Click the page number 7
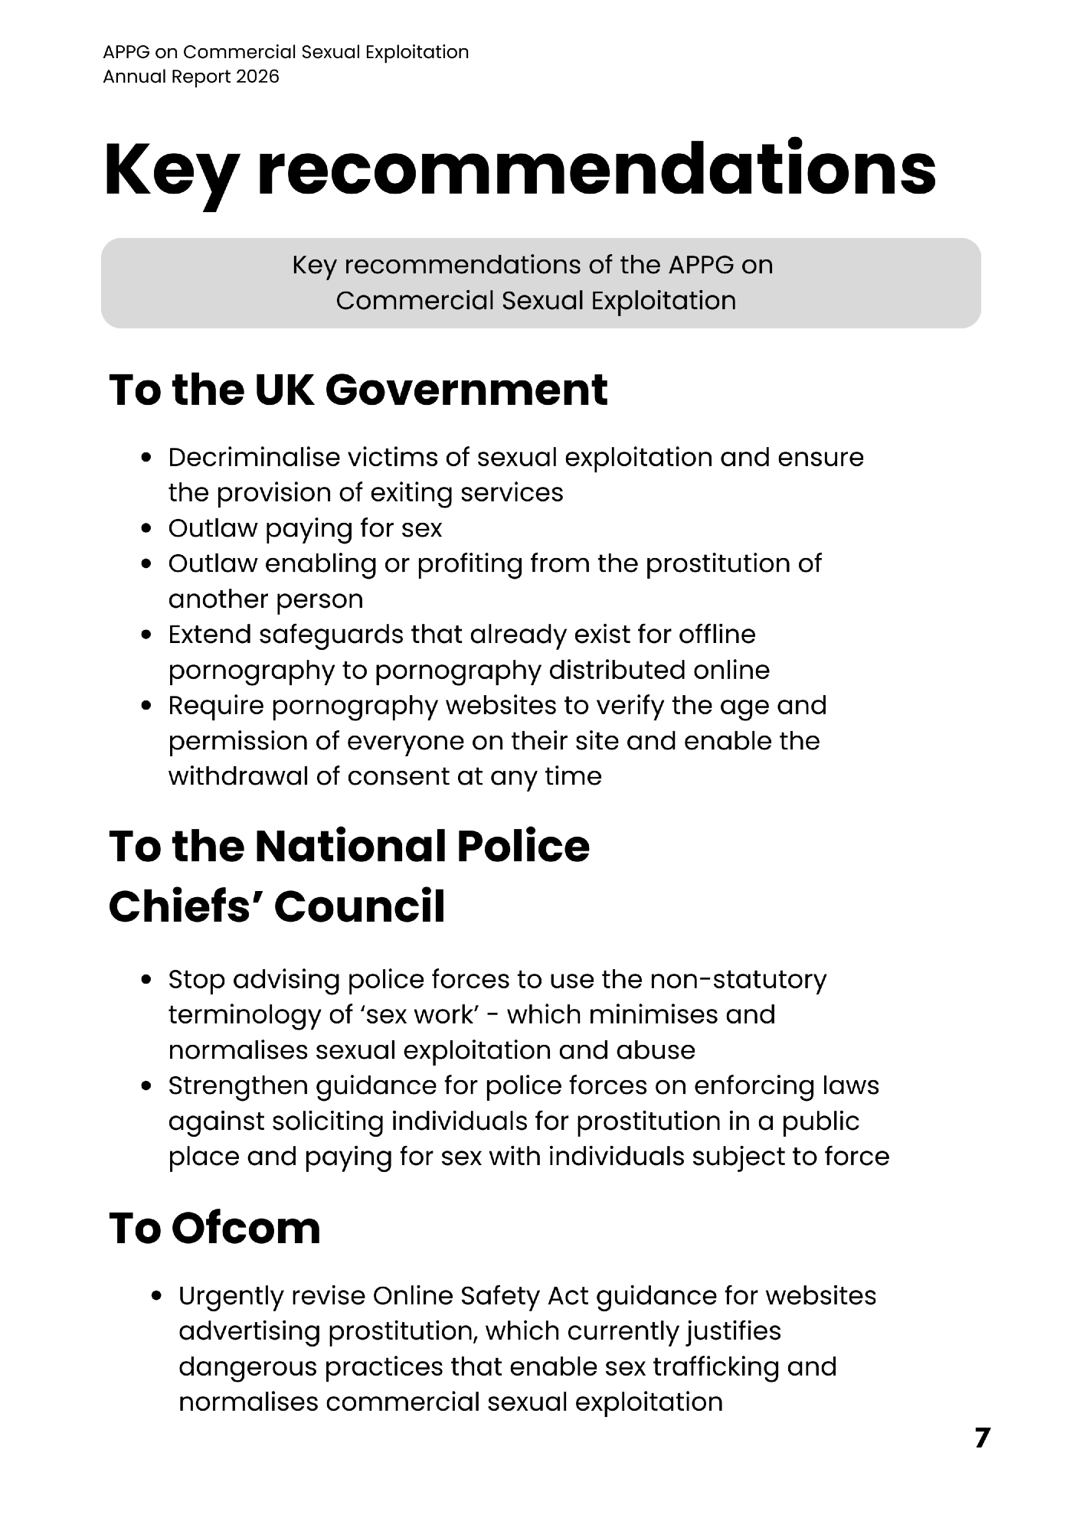pos(982,1438)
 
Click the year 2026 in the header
pos(258,77)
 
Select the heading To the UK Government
pos(358,390)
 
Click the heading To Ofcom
pos(214,1228)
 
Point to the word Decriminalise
pos(254,457)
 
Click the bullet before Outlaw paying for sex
pos(148,528)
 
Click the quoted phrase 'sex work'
pos(430,1014)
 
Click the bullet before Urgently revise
pos(158,1296)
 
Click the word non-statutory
pos(738,979)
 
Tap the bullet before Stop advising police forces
pos(148,980)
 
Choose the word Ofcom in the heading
pos(246,1228)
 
